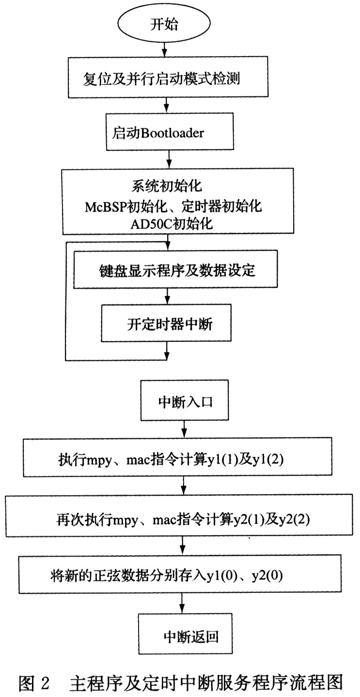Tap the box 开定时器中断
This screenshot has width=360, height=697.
pos(167,324)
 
